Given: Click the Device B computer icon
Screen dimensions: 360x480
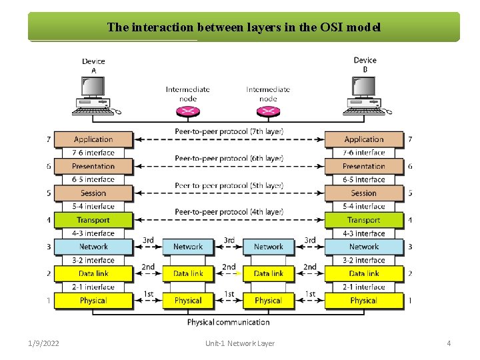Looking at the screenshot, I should [x=364, y=93].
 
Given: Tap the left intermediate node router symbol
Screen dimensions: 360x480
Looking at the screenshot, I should [x=188, y=111].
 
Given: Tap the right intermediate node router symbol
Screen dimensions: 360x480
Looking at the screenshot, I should [x=268, y=111].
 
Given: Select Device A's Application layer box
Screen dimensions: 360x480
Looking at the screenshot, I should [x=93, y=139].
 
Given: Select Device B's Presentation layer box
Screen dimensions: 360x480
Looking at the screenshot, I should [x=364, y=166].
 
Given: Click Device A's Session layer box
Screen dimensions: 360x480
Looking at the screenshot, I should [x=93, y=193].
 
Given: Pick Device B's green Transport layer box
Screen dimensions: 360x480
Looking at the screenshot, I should [x=364, y=220].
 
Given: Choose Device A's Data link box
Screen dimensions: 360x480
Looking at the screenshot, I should [x=93, y=273].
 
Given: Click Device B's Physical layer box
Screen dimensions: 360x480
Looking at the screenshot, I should [x=364, y=301].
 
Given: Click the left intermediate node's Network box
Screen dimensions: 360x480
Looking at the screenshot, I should [x=188, y=247].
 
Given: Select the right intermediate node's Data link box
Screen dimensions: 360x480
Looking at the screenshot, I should [x=268, y=273].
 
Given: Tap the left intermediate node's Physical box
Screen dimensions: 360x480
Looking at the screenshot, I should [x=188, y=301].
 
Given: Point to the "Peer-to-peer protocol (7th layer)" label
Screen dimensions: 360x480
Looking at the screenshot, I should [x=229, y=131].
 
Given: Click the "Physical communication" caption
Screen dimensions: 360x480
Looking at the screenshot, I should [x=229, y=322].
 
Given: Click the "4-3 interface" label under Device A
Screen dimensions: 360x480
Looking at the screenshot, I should [x=93, y=233].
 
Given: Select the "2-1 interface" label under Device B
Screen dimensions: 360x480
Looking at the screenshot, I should [x=364, y=287].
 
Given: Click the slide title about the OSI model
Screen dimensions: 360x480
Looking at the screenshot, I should [x=244, y=27].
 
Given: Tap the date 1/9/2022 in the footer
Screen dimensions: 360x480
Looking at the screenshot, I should [x=43, y=343].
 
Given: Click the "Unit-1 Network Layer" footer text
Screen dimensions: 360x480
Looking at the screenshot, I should [x=240, y=343].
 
